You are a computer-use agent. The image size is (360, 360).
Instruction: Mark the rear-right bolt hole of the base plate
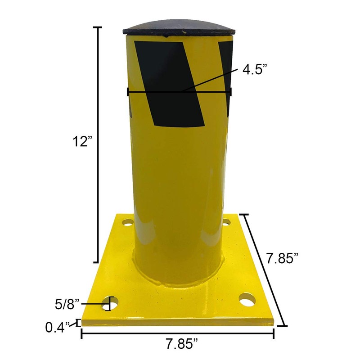(x=226, y=221)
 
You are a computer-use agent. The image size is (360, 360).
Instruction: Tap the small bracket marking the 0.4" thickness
(x=78, y=323)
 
